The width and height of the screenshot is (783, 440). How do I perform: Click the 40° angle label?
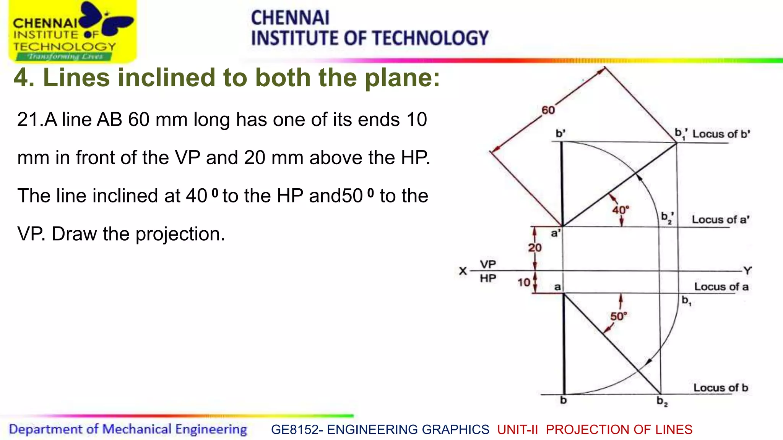pyautogui.click(x=620, y=210)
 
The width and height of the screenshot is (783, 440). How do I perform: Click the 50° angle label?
pyautogui.click(x=618, y=316)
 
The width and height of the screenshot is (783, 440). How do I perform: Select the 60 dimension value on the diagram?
pyautogui.click(x=548, y=110)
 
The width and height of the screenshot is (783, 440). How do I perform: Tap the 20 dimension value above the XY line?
pyautogui.click(x=535, y=248)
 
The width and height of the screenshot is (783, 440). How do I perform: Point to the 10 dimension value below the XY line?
pyautogui.click(x=524, y=283)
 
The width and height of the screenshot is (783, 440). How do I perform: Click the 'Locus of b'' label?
pyautogui.click(x=721, y=134)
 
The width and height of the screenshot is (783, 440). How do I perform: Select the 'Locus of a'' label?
pyautogui.click(x=720, y=220)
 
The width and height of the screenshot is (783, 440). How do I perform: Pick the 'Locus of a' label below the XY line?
pyautogui.click(x=721, y=287)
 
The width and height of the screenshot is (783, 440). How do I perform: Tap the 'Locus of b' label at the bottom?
pyautogui.click(x=721, y=388)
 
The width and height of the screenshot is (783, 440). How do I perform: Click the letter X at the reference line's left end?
pyautogui.click(x=463, y=271)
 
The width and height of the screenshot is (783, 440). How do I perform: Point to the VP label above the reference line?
pyautogui.click(x=488, y=264)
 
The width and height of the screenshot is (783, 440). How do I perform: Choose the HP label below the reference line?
pyautogui.click(x=488, y=278)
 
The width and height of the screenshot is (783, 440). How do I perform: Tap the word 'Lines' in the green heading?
pyautogui.click(x=76, y=78)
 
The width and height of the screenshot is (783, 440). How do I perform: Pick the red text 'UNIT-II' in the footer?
pyautogui.click(x=518, y=430)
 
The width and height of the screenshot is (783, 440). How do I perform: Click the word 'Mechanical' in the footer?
pyautogui.click(x=137, y=429)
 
